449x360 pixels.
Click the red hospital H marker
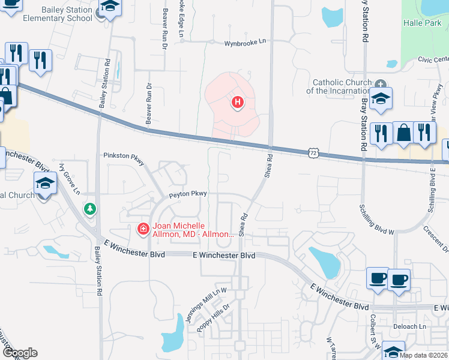[x=238, y=103]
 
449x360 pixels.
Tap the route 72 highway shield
[x=313, y=153]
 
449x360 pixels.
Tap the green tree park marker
[x=90, y=209]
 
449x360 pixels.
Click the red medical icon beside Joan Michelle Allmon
[x=143, y=229]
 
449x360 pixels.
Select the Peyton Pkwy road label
[x=187, y=194]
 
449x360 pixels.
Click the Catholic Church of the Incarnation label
[x=338, y=87]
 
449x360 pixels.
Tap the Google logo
[x=19, y=353]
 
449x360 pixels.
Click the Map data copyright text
[x=423, y=355]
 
